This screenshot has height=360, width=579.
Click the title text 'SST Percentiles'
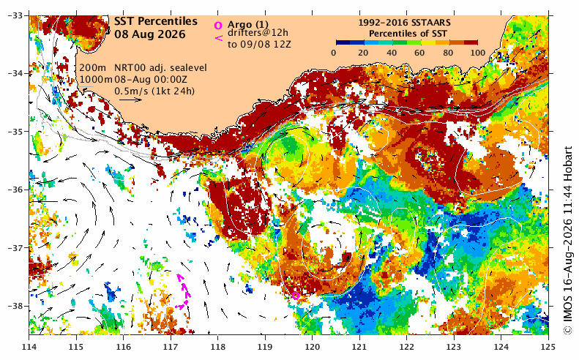155,22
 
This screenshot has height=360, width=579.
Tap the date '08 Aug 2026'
149,34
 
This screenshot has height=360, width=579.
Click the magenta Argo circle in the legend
218,25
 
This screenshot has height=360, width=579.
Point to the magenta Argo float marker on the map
296,296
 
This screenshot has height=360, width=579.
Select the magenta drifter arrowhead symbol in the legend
219,37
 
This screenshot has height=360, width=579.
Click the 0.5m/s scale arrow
134,100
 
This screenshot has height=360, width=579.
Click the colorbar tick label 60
420,53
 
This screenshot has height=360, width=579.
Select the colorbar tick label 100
478,53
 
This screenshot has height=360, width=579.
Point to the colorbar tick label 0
334,53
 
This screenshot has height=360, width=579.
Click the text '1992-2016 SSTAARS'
404,23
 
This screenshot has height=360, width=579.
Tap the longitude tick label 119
265,347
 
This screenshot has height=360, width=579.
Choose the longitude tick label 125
548,347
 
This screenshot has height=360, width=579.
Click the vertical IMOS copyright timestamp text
568,241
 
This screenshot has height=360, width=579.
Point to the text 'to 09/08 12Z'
259,45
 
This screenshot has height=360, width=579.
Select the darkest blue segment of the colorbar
343,42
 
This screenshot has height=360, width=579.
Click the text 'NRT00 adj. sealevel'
160,68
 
